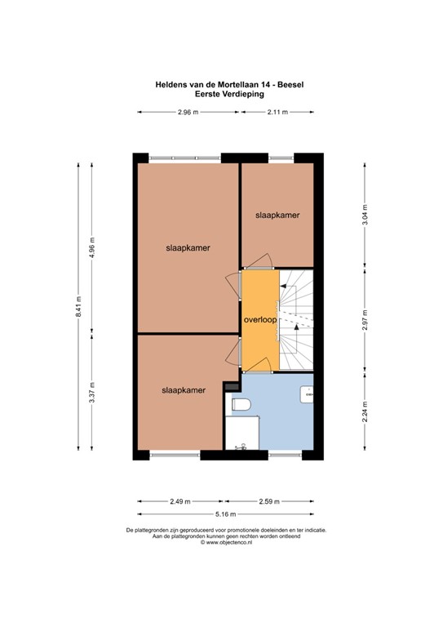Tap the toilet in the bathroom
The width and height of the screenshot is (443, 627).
tap(243, 403)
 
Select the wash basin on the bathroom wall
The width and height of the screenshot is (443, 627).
tap(308, 394)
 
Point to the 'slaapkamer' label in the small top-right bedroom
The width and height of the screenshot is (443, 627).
tap(277, 216)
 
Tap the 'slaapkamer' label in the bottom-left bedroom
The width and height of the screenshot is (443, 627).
tap(183, 390)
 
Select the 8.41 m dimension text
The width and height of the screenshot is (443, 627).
tap(79, 306)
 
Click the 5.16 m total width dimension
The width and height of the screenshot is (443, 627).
tap(226, 514)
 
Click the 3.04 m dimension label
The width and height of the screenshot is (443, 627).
tap(365, 214)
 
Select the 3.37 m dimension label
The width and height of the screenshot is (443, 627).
tap(92, 393)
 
